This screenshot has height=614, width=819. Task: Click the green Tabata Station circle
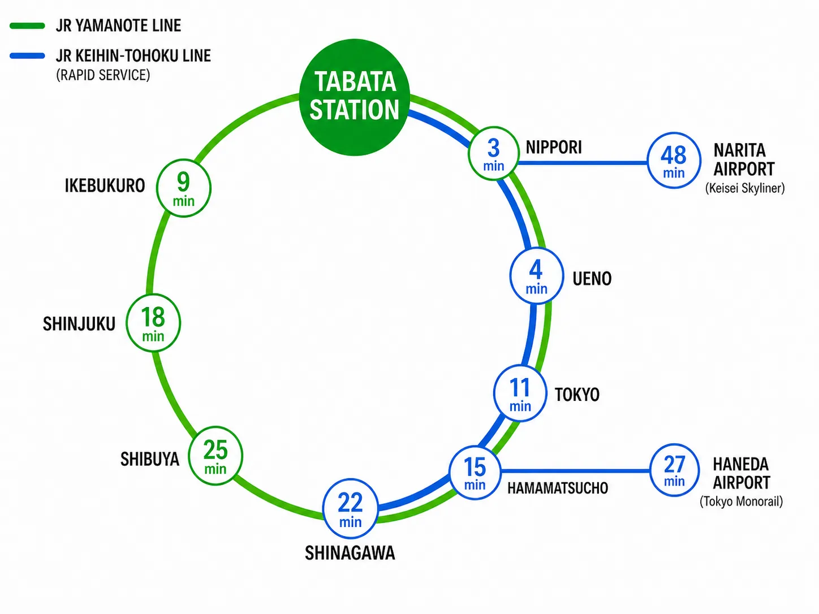(x=355, y=97)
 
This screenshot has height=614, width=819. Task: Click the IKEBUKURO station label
(x=105, y=185)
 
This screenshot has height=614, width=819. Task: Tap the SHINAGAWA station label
(x=350, y=553)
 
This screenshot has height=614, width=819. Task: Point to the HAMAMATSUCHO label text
(x=558, y=488)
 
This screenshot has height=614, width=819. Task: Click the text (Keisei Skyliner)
(x=745, y=188)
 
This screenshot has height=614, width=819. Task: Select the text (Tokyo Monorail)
(x=741, y=501)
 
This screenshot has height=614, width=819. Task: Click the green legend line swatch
(x=27, y=25)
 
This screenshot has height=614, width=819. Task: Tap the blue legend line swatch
(x=27, y=56)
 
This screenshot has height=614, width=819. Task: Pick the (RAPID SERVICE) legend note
(x=103, y=75)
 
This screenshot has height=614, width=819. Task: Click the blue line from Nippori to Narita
(x=583, y=163)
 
